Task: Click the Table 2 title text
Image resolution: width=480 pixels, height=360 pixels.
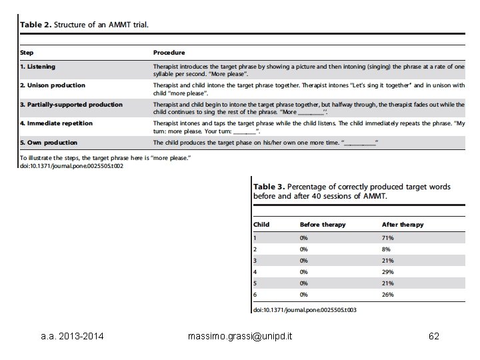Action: [84, 25]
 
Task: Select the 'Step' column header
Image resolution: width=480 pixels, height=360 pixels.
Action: [27, 52]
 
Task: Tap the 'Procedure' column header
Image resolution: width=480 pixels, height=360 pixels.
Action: [169, 52]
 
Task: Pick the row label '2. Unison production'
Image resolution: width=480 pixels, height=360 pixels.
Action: [53, 85]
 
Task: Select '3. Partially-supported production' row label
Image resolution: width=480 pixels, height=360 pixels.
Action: [71, 105]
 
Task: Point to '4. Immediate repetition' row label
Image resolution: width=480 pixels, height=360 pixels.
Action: [56, 123]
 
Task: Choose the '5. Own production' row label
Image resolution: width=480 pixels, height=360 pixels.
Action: [49, 143]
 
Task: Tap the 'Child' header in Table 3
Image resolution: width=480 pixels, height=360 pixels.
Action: [261, 225]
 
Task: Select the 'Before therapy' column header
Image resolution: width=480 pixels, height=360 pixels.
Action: [323, 225]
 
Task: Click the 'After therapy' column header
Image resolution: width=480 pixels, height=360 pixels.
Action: [402, 225]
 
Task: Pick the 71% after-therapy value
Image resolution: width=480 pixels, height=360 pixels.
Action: [388, 237]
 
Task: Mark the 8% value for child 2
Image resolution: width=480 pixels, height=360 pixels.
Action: [387, 249]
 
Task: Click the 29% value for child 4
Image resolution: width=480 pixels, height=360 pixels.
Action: [388, 271]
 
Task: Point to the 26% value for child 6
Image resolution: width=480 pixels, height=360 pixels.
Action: [388, 294]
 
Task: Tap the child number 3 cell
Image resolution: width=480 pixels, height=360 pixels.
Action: [255, 260]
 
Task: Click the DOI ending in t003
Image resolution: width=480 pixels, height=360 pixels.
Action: [304, 310]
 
